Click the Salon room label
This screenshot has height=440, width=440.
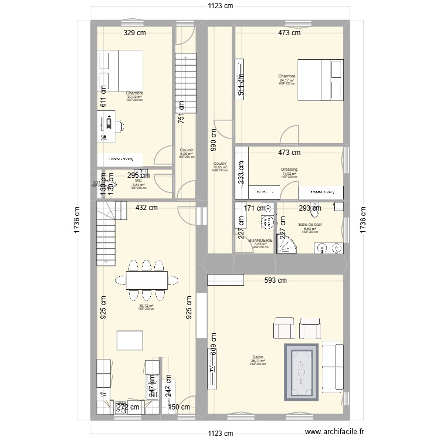[256, 357]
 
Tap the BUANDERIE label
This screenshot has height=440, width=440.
[260, 241]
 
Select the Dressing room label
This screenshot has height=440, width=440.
[289, 170]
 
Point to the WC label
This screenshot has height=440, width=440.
[138, 181]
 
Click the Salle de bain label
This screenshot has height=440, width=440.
[310, 224]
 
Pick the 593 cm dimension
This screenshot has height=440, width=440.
[274, 280]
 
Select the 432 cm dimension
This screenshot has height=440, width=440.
[147, 207]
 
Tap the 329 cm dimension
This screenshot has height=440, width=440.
[134, 33]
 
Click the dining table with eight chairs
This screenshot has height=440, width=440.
[146, 278]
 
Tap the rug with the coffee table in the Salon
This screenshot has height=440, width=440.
[302, 371]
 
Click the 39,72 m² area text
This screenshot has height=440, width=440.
[146, 306]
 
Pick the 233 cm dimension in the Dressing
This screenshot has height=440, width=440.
[241, 174]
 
